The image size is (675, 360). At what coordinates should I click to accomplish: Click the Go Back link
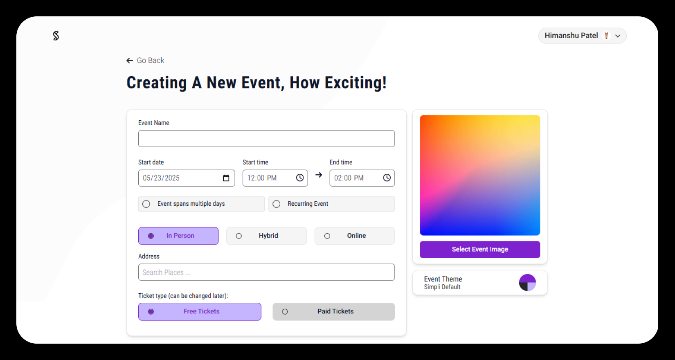145,61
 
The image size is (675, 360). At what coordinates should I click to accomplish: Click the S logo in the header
56,36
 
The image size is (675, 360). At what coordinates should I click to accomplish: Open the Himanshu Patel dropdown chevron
618,36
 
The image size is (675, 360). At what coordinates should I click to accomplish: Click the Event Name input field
266,139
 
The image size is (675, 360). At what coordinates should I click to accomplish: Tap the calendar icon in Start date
226,178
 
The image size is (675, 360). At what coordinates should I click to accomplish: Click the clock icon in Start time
300,178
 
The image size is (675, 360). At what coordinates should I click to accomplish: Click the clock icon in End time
387,178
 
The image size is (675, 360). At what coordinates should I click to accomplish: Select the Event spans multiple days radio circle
146,204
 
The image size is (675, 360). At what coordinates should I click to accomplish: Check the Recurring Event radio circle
276,204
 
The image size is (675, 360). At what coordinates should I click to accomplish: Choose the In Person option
178,236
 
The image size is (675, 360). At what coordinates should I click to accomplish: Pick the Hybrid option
266,236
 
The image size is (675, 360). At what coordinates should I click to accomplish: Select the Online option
355,236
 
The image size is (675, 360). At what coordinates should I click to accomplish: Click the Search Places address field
266,272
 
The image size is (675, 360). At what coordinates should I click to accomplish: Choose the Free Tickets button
200,311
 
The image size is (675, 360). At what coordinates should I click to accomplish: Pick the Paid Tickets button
333,311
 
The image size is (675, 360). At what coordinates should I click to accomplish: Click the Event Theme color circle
527,283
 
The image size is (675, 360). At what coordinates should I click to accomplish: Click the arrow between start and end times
319,175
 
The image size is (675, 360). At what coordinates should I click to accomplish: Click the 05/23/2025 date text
161,178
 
